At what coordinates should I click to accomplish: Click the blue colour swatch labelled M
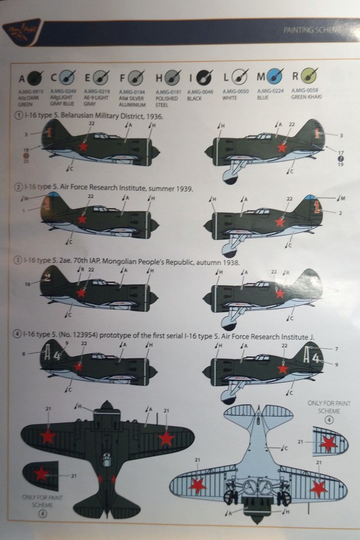[276, 76]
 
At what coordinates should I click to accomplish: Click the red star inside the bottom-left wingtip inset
[41, 474]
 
